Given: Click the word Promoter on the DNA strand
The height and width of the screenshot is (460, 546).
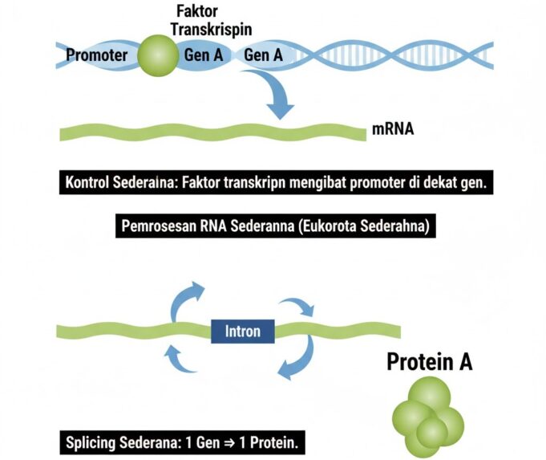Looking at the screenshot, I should click(x=97, y=55).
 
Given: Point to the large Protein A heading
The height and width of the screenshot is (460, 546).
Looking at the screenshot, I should click(x=430, y=363).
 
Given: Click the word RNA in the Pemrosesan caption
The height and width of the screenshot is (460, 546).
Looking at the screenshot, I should click(x=213, y=226).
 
